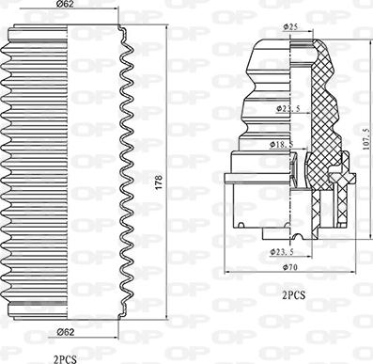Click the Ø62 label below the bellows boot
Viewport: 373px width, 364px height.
66,332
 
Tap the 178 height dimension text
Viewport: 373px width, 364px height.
159,182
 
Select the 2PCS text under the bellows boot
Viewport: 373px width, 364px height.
65,359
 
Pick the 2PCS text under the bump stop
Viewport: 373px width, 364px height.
293,295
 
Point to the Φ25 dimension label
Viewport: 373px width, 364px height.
290,27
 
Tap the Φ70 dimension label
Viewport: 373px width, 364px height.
290,267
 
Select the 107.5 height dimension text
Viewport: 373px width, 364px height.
368,138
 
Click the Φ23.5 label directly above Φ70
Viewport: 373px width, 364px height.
282,251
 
